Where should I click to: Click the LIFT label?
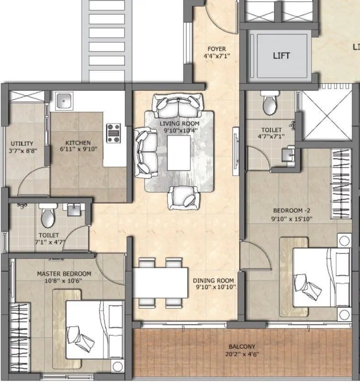(x=281, y=56)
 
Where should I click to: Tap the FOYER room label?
(x=217, y=49)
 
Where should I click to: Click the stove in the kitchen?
(x=113, y=133)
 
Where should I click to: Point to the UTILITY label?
(x=22, y=143)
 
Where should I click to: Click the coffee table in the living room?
(x=179, y=153)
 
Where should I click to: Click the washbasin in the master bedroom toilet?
(x=73, y=210)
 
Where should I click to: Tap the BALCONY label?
(x=243, y=346)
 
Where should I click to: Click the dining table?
(x=160, y=283)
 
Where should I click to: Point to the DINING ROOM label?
(x=213, y=280)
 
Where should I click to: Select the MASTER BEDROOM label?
(x=64, y=274)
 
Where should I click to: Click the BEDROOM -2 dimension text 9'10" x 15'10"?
(x=291, y=218)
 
